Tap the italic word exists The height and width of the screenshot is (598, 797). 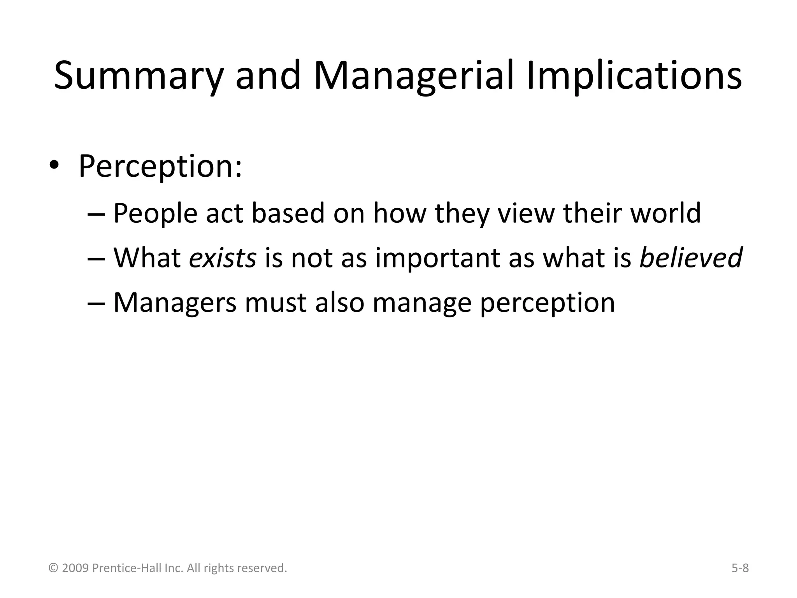[x=222, y=258]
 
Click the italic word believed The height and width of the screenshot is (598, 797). [x=691, y=258]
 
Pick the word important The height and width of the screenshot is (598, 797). [x=437, y=259]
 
